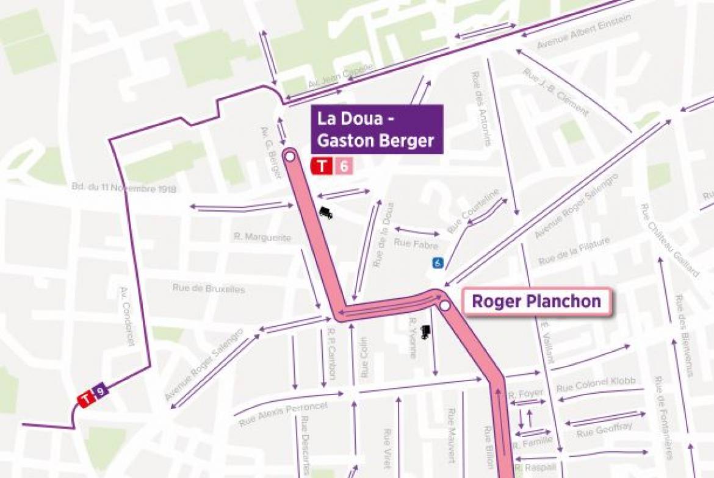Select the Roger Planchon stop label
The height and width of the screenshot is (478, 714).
[536, 301]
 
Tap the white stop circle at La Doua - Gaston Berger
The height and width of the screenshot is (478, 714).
[289, 157]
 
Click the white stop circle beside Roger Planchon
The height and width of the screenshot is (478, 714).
[445, 305]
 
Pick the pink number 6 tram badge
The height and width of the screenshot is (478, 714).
[344, 166]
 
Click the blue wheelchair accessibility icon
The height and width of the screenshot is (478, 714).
[438, 263]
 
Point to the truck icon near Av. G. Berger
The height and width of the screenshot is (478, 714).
[325, 213]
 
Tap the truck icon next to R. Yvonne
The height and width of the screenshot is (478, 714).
[426, 331]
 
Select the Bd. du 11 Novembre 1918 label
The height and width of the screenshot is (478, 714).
[124, 189]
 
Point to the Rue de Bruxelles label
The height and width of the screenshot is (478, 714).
[209, 288]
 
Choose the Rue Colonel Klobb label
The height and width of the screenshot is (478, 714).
[596, 384]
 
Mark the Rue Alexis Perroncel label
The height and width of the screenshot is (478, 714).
[283, 414]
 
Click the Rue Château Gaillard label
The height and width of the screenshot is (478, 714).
[669, 240]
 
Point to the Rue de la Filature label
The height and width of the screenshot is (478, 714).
[574, 252]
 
